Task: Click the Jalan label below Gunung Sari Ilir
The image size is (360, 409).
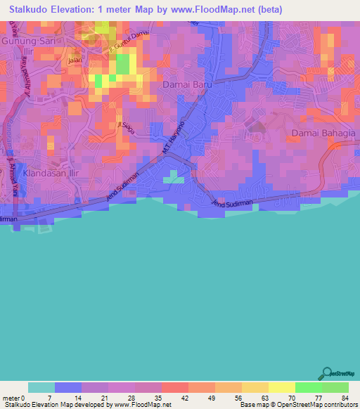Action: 75,60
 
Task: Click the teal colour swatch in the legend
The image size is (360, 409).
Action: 41,387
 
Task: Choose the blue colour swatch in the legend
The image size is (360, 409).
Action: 68,387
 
